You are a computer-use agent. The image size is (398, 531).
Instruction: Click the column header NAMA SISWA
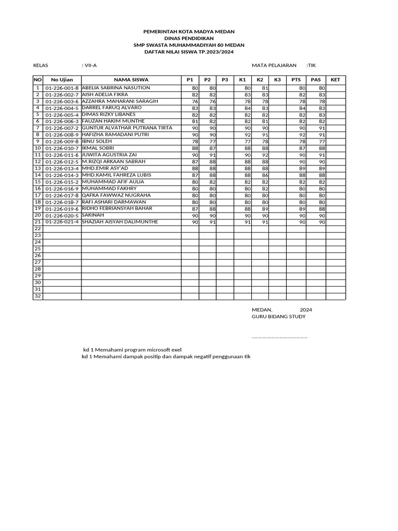click(131, 79)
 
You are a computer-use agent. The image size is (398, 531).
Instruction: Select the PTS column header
click(296, 79)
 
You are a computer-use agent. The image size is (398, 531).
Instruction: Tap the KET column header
click(335, 79)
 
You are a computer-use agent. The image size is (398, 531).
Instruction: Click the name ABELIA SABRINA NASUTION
click(116, 88)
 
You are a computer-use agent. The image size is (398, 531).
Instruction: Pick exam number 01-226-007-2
click(62, 128)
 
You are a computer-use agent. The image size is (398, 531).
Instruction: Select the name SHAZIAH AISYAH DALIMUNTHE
click(120, 222)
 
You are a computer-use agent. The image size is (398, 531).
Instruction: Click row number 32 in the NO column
click(37, 296)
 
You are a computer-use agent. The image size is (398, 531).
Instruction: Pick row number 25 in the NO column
click(37, 249)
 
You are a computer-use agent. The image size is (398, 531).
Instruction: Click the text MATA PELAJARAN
click(274, 65)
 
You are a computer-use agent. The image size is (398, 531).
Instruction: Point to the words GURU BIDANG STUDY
click(278, 316)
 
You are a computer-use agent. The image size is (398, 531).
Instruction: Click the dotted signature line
click(279, 337)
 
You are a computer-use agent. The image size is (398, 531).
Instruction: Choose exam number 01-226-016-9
click(62, 189)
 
